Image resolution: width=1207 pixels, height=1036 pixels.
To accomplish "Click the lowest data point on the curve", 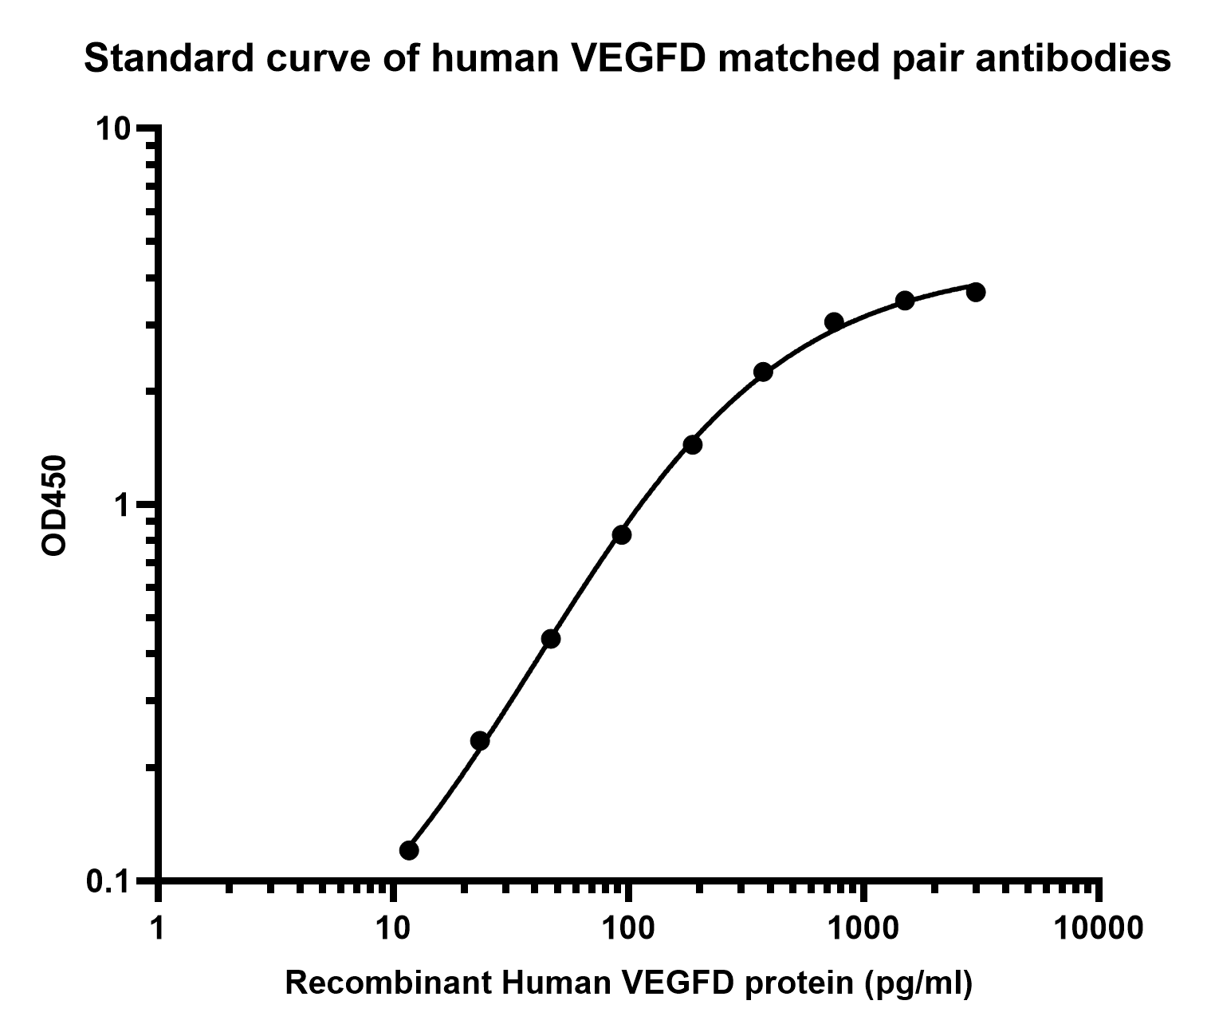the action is pyautogui.click(x=409, y=849).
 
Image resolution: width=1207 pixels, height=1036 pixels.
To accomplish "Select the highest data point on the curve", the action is pyautogui.click(x=975, y=292).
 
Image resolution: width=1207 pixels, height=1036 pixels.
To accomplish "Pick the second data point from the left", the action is pyautogui.click(x=479, y=741).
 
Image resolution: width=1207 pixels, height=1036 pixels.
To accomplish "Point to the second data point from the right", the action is pyautogui.click(x=905, y=301).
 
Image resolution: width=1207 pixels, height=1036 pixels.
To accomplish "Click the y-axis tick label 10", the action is pyautogui.click(x=115, y=129).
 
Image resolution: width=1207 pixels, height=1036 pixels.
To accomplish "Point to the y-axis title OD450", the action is pyautogui.click(x=54, y=506).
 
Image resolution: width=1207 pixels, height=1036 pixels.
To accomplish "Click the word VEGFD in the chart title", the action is pyautogui.click(x=640, y=58).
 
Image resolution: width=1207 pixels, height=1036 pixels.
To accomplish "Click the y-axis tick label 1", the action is pyautogui.click(x=122, y=506).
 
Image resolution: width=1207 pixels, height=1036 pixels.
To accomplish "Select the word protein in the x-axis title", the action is pyautogui.click(x=796, y=985).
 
